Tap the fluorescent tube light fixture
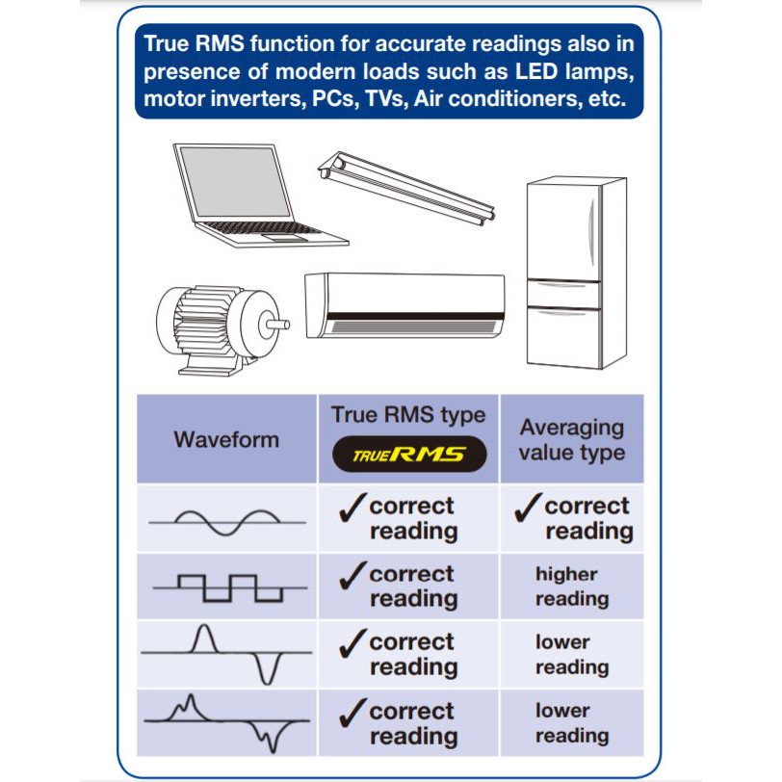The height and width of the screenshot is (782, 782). [406, 189]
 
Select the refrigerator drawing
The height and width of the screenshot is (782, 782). [577, 273]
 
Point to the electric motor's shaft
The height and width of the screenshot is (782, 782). [277, 325]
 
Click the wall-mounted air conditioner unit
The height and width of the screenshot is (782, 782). [404, 305]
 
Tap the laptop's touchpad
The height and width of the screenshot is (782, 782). [284, 237]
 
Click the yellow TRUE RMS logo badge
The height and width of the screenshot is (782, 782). [409, 454]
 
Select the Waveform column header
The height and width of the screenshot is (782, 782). [226, 440]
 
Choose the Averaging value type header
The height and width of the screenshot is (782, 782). [571, 440]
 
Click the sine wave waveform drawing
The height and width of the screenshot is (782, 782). [227, 522]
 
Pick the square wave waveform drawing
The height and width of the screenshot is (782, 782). [230, 588]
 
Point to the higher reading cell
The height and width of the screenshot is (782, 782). [572, 586]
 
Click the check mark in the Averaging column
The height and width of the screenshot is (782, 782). [528, 508]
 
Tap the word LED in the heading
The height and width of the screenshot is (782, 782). [535, 71]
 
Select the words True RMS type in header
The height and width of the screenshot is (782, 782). [408, 415]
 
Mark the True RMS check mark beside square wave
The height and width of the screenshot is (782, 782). [352, 576]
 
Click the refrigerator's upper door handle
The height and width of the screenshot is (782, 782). [591, 232]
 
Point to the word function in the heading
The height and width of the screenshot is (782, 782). [293, 44]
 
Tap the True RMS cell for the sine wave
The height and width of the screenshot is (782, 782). [408, 518]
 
